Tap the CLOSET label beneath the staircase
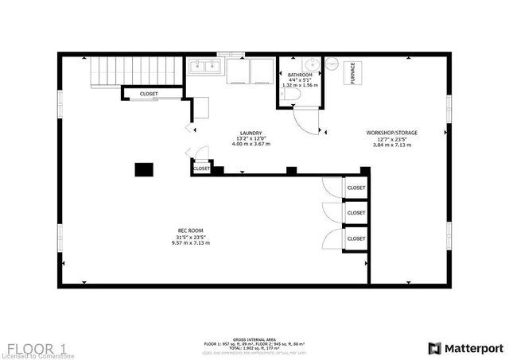click(x=149, y=94)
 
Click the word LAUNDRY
click(x=251, y=134)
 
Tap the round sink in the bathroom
click(x=311, y=65)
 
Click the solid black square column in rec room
click(x=143, y=169)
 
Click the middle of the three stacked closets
click(x=356, y=213)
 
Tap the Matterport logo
click(x=465, y=347)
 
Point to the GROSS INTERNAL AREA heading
click(x=254, y=339)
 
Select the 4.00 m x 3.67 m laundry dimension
click(x=251, y=145)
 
